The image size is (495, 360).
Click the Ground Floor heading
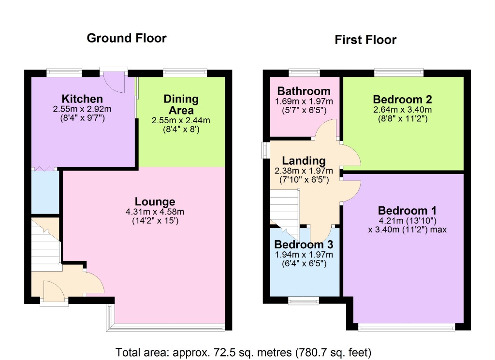point(127,38)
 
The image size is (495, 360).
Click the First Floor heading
point(365,40)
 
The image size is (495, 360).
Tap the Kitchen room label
point(82,100)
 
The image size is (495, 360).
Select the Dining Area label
point(181,104)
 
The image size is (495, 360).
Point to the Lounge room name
point(155,202)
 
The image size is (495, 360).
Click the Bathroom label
point(304,91)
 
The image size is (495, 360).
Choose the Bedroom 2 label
point(402,100)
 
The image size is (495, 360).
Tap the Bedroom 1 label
point(407,211)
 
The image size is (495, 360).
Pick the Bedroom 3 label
point(304,245)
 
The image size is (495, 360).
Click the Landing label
point(304,161)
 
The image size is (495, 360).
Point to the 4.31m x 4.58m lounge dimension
point(155,212)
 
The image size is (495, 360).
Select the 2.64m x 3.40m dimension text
point(402,109)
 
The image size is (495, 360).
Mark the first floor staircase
point(284,208)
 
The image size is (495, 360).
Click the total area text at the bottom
point(243,352)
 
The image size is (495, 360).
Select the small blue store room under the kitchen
point(45,192)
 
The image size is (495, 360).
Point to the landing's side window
point(265,150)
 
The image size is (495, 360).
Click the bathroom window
point(304,73)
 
